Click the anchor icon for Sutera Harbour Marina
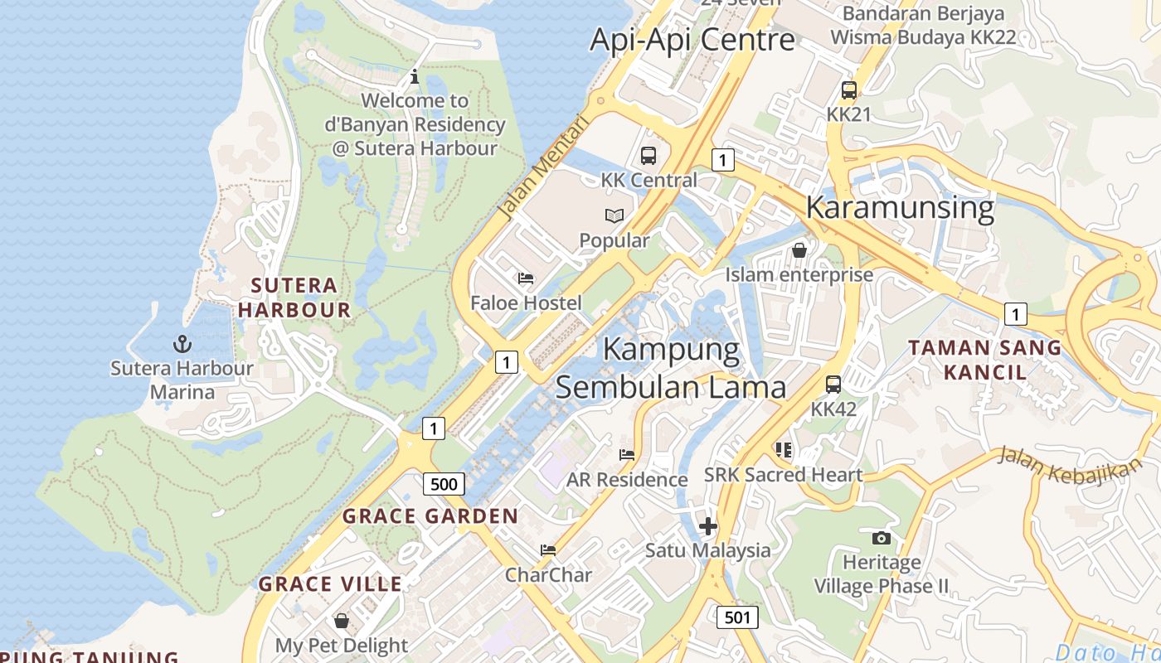pyautogui.click(x=182, y=343)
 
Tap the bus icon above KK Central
pyautogui.click(x=649, y=155)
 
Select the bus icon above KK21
pyautogui.click(x=848, y=90)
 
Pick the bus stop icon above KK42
pyautogui.click(x=833, y=385)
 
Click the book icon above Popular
pyautogui.click(x=614, y=215)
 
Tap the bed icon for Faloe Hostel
pyautogui.click(x=526, y=278)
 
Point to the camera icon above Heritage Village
pyautogui.click(x=882, y=538)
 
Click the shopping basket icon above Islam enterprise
pyautogui.click(x=799, y=249)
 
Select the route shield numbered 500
pyautogui.click(x=444, y=484)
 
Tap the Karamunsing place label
pyautogui.click(x=900, y=207)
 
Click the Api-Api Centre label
pyautogui.click(x=692, y=39)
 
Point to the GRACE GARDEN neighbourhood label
pyautogui.click(x=430, y=515)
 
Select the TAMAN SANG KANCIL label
pyautogui.click(x=985, y=360)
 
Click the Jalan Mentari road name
pyautogui.click(x=543, y=168)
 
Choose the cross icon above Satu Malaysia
pyautogui.click(x=707, y=526)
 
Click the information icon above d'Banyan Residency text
pyautogui.click(x=415, y=77)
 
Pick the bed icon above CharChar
pyautogui.click(x=547, y=549)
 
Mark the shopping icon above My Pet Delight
pyautogui.click(x=341, y=621)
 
